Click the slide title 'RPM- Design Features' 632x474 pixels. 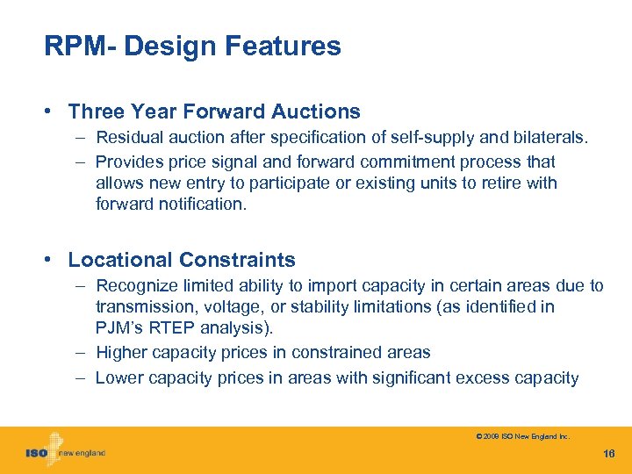192,47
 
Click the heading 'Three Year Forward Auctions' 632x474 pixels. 214,111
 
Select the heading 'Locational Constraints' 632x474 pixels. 182,260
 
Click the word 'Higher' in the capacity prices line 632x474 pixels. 122,352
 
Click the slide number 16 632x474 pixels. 609,453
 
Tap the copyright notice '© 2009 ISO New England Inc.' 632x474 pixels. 522,436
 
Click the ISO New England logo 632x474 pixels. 65,451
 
